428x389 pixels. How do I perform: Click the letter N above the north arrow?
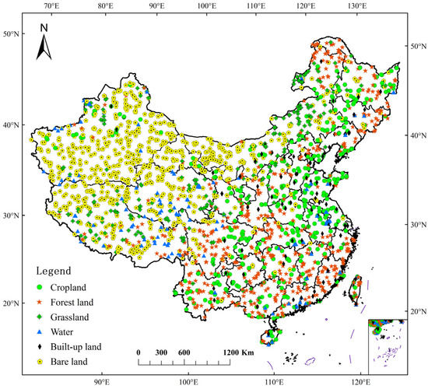(x=44, y=29)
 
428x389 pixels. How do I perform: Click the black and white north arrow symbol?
(x=44, y=49)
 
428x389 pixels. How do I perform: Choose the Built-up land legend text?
(x=79, y=346)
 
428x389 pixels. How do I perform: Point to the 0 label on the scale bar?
(x=138, y=352)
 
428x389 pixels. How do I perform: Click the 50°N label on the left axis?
(x=11, y=34)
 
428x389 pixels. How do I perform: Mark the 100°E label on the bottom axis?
(x=188, y=382)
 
